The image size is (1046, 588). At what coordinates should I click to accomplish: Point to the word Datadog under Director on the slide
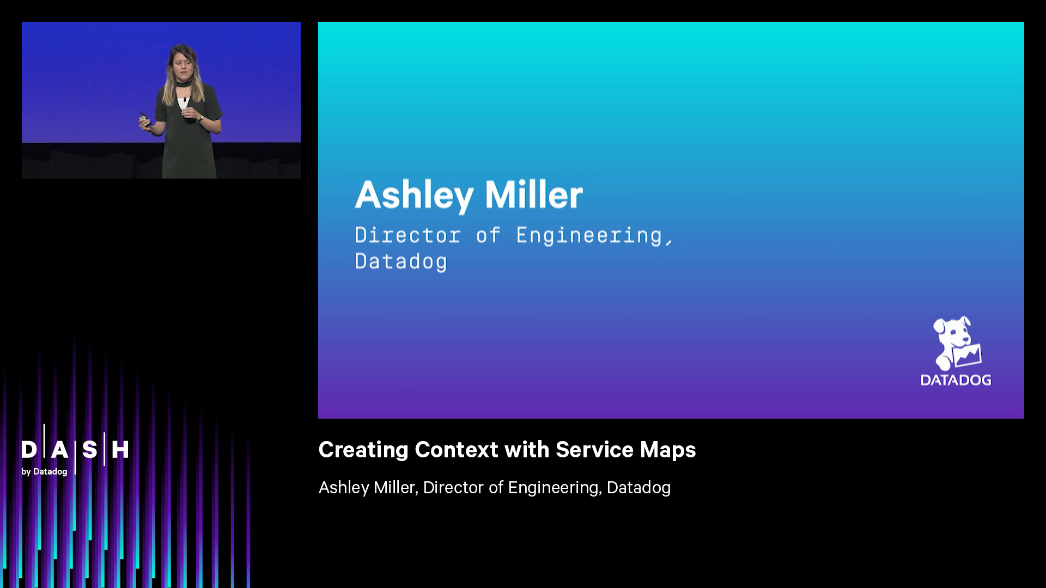401,261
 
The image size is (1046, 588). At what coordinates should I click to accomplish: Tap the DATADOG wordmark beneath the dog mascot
956,379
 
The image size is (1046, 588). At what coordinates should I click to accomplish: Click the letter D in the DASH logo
29,450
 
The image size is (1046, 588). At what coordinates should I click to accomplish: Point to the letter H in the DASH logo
120,450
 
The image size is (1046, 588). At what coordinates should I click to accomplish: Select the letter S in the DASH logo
90,450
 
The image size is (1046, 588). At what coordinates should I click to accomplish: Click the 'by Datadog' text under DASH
44,471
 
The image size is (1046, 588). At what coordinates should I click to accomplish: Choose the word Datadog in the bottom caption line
638,487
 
